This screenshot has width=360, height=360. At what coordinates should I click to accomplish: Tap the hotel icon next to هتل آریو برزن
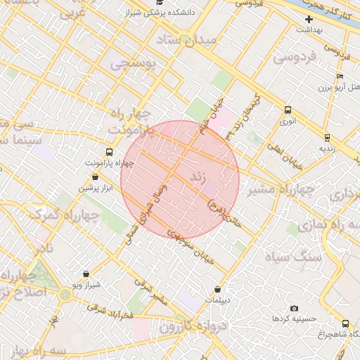click(340, 76)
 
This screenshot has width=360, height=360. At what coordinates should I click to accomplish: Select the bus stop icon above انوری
click(287, 110)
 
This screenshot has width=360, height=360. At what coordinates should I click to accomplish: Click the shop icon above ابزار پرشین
click(95, 177)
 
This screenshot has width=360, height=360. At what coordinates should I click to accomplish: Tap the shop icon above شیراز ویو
click(86, 274)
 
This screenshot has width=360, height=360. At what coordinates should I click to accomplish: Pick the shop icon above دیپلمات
click(218, 289)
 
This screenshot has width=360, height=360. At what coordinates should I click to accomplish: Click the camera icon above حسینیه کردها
click(294, 308)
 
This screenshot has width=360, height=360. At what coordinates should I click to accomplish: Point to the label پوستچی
click(136, 65)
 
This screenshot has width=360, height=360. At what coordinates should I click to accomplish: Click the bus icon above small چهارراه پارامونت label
click(109, 152)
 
